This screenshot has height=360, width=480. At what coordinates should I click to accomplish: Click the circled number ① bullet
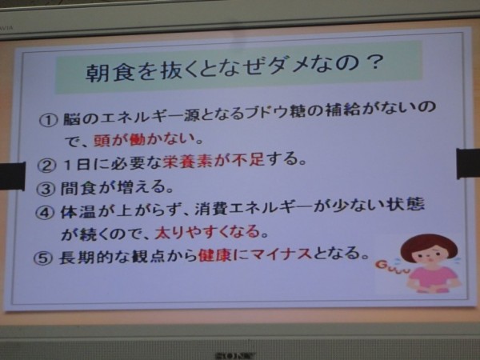48,120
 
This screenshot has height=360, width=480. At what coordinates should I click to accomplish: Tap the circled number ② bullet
46,166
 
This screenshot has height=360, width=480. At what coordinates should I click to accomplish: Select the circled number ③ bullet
46,189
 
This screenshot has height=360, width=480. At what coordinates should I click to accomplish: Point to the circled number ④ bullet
45,212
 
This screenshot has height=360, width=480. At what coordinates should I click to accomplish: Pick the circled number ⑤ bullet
43,258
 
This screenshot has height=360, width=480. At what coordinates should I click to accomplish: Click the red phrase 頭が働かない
145,139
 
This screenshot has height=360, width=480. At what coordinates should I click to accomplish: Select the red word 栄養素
188,161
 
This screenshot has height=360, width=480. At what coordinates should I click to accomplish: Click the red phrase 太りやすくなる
207,232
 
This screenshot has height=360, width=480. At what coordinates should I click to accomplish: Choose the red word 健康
215,254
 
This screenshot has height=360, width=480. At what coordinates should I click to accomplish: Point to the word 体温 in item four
79,211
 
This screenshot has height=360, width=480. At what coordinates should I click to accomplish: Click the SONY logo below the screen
235,356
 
